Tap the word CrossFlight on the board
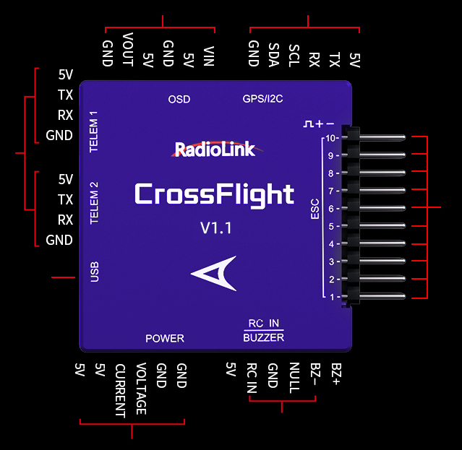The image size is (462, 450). tap(214, 194)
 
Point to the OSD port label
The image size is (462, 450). tap(179, 99)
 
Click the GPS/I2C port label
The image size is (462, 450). tap(263, 99)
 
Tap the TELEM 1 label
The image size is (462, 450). tap(93, 131)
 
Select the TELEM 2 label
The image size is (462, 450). tap(93, 203)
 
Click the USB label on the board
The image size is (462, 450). tap(94, 272)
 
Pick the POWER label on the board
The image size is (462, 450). tap(165, 338)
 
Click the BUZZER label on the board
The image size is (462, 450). tap(263, 337)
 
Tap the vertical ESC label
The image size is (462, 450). tap(315, 209)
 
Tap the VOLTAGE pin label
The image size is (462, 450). tap(141, 389)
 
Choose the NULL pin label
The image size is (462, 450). tap(294, 377)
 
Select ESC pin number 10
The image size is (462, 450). tap(330, 137)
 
